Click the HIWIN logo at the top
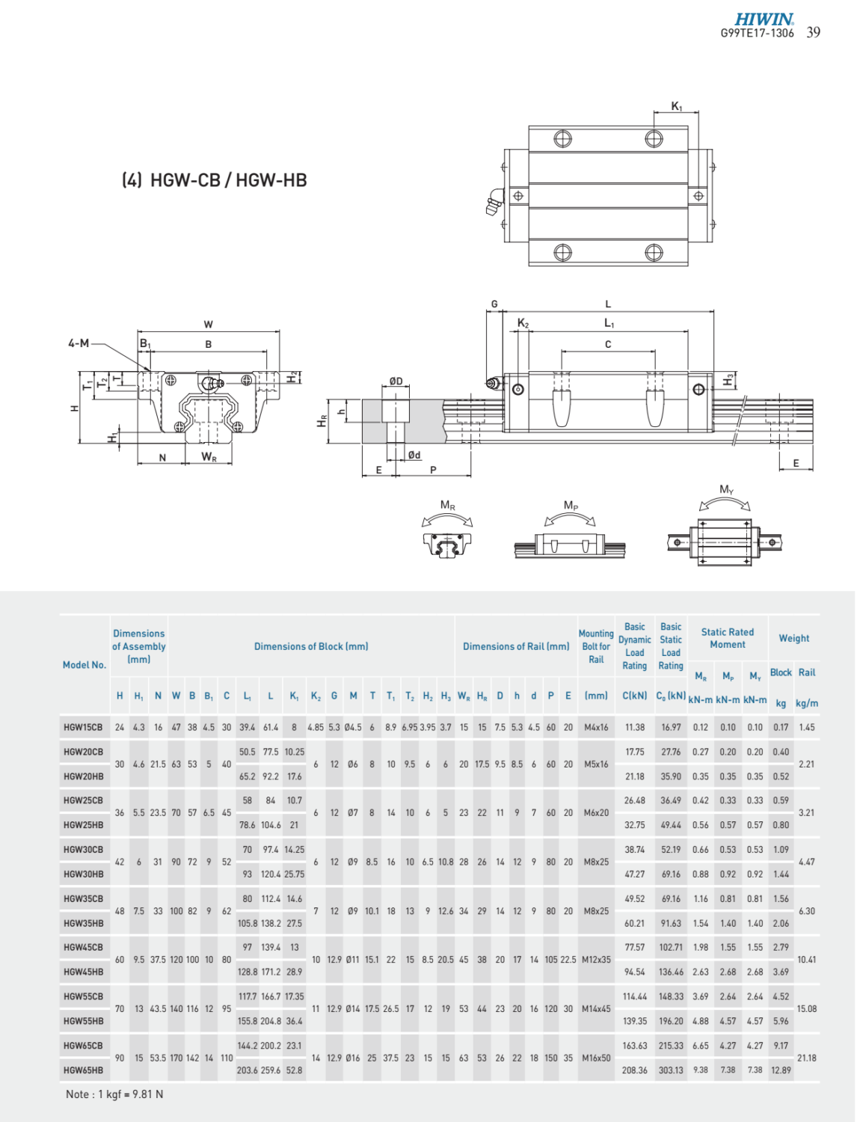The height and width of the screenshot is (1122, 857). click(764, 19)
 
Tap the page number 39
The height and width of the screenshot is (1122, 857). click(813, 32)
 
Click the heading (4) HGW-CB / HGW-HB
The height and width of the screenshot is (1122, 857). click(214, 180)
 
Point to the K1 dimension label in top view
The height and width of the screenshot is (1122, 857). click(676, 106)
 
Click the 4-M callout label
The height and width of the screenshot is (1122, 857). click(79, 343)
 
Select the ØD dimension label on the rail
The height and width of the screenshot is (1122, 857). click(396, 381)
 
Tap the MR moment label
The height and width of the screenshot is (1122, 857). click(447, 506)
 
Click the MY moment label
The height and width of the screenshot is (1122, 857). click(726, 490)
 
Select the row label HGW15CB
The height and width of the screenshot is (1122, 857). click(83, 727)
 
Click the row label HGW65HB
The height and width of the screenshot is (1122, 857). click(83, 1070)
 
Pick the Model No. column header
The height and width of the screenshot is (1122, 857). click(85, 665)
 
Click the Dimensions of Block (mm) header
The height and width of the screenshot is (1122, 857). click(311, 646)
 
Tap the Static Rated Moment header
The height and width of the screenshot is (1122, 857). click(728, 638)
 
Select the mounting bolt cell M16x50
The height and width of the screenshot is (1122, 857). click(596, 1058)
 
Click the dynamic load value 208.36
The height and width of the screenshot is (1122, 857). click(635, 1070)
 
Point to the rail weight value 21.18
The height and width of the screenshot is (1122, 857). click(806, 1058)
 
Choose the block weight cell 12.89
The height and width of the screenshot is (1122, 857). click(781, 1070)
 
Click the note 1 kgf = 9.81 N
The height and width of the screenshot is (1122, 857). click(114, 1094)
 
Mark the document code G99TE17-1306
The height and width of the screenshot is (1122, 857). click(757, 33)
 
